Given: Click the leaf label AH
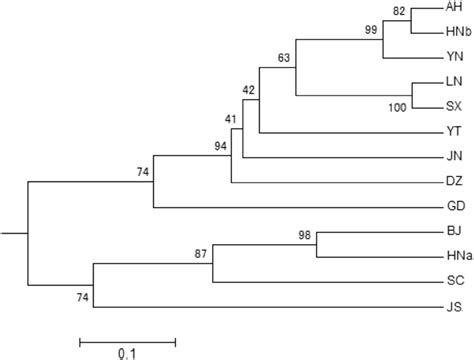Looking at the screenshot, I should (454, 8).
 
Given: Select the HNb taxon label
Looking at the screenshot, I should (457, 32).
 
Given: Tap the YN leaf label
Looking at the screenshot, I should (454, 57).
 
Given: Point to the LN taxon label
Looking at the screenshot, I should (453, 83).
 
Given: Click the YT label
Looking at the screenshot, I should (453, 131).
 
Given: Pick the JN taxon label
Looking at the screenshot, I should (453, 157).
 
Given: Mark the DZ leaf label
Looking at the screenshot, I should (453, 181).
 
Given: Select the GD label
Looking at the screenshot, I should (454, 207).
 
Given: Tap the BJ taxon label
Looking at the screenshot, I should (453, 232).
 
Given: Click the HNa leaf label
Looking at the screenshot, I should (457, 256).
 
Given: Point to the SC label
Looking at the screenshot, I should (454, 281).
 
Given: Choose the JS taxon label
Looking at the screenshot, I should (453, 306).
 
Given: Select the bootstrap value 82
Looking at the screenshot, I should (400, 11).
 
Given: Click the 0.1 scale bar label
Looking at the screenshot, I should (127, 353).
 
